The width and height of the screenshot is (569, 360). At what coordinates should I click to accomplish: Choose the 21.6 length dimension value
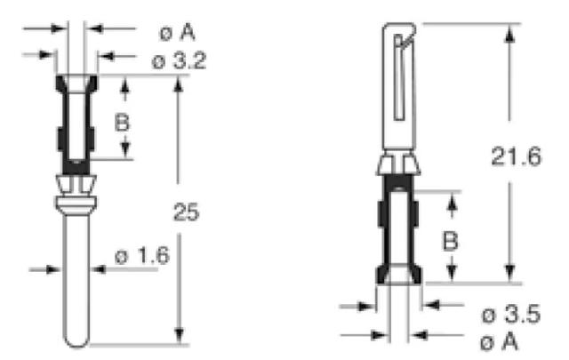click(x=516, y=158)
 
